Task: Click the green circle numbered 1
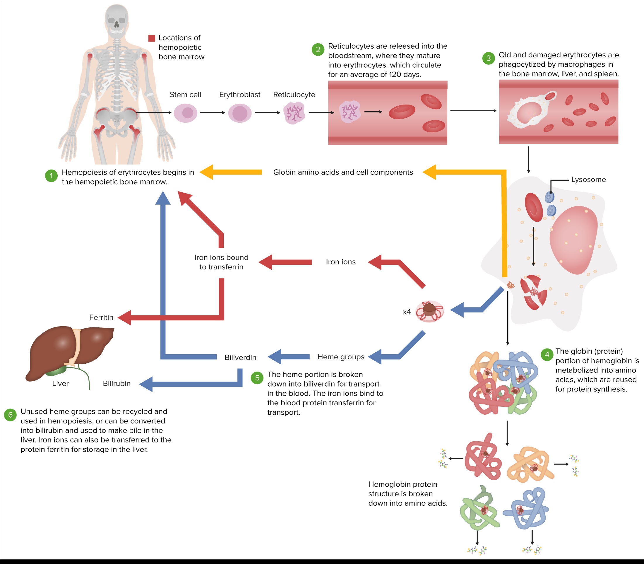pos(51,176)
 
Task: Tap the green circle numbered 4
pos(547,355)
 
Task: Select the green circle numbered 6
pos(10,415)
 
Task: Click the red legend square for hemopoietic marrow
pos(152,38)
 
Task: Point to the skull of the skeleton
pos(117,19)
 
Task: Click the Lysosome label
pos(588,180)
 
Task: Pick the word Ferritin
pos(101,317)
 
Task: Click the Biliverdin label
pos(240,358)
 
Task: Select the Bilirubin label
pos(117,383)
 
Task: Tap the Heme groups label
pos(341,357)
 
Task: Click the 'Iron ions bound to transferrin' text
pos(221,262)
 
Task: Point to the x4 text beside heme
pos(407,312)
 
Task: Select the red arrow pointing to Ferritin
pos(126,317)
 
